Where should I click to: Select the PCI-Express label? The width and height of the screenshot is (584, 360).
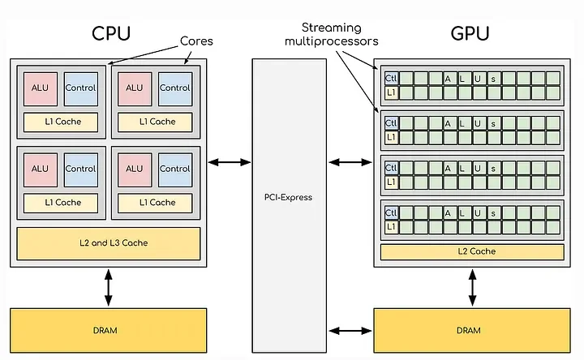288,197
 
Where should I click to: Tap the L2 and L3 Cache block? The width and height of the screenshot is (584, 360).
108,242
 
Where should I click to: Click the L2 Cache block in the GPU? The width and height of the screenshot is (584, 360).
471,252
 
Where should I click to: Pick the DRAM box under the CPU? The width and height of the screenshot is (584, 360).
108,330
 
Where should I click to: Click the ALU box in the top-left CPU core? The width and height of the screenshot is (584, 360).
40,88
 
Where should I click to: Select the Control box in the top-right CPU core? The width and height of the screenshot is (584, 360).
174,88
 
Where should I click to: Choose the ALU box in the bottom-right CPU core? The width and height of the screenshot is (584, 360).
134,169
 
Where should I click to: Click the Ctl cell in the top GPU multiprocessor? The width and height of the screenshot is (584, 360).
390,78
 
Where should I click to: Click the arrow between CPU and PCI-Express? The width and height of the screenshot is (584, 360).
230,163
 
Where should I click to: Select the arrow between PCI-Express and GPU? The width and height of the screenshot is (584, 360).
350,163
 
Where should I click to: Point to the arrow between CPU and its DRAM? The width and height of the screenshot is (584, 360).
108,287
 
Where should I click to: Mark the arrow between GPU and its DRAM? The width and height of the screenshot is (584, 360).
471,287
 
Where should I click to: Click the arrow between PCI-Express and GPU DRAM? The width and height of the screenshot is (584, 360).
350,330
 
